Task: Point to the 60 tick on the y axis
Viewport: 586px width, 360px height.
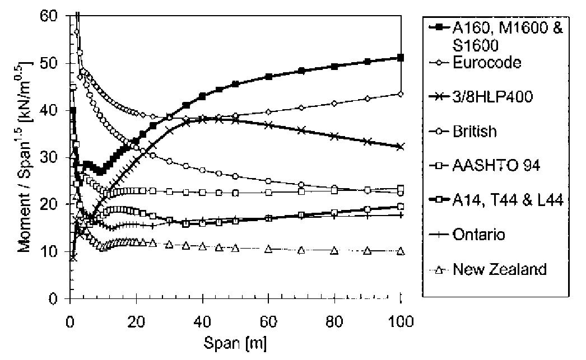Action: coord(53,16)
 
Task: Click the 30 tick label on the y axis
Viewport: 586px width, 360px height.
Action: coord(53,157)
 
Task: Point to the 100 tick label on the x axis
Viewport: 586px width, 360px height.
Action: coord(400,321)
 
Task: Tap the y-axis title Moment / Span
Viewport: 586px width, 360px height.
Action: coord(25,157)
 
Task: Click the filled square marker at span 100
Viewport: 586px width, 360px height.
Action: coord(400,57)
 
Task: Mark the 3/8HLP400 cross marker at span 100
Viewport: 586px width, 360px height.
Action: coord(400,146)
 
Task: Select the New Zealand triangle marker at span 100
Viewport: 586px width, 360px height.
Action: coord(400,251)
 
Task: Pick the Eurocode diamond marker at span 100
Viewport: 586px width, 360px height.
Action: coord(400,93)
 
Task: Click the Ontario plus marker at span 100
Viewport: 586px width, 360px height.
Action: coord(400,215)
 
